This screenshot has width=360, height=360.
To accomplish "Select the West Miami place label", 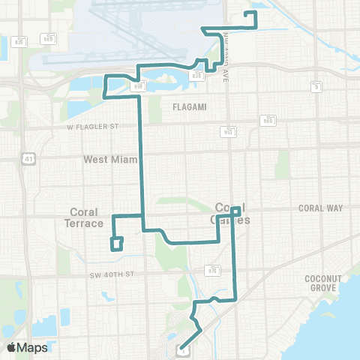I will click(106, 159).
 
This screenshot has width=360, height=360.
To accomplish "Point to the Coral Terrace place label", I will click(85, 217).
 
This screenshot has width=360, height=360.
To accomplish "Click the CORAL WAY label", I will click(319, 208).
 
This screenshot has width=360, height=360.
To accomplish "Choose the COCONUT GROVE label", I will click(323, 283).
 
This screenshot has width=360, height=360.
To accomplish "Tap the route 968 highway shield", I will click(268, 120).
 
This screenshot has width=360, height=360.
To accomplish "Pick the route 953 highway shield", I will click(228, 132).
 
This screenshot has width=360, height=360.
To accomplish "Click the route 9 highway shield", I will click(316, 87).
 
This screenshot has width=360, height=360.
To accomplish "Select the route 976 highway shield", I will click(212, 271).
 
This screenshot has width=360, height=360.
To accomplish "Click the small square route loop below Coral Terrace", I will click(116, 244).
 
